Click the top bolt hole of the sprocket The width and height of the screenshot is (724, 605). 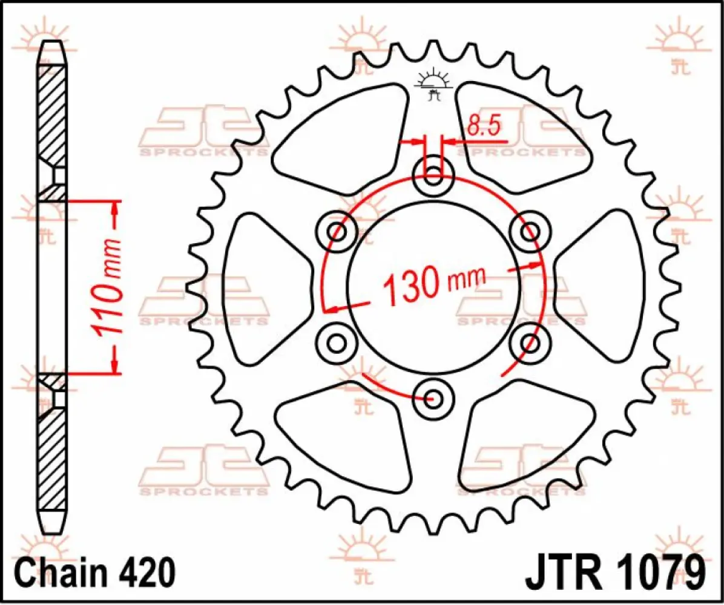pos(432,177)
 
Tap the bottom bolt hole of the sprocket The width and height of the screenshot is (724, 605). pos(432,398)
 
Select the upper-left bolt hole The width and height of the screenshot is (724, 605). pos(337,232)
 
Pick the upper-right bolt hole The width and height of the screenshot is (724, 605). pos(530,231)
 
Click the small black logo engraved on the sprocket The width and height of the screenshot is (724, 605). pos(432,85)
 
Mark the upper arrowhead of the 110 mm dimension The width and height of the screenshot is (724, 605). pos(114,209)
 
